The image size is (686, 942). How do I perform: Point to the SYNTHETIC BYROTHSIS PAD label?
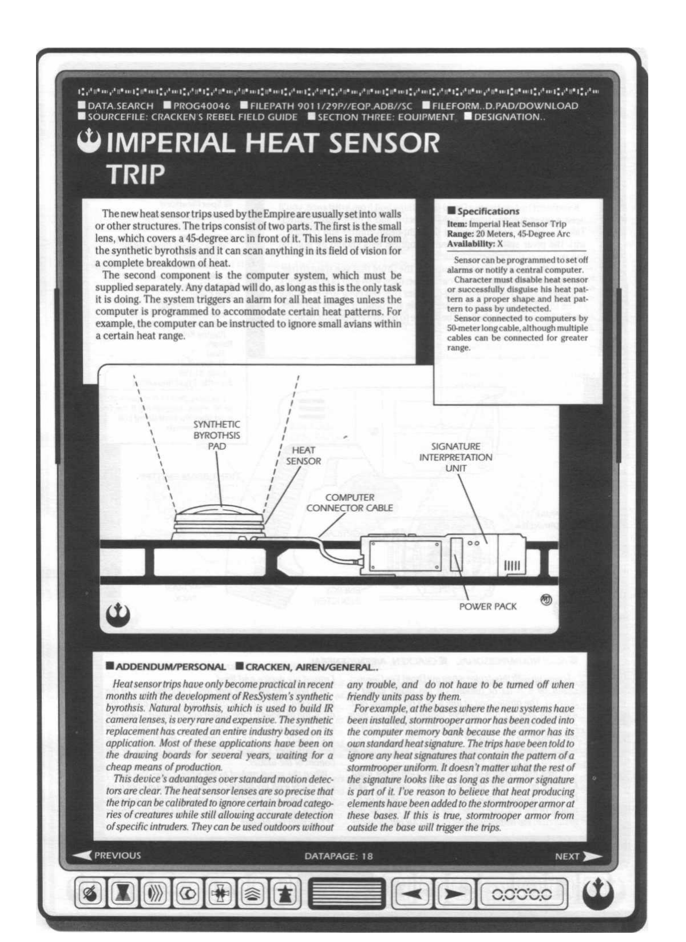pos(217,435)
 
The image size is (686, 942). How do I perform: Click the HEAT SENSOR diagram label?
pos(303,456)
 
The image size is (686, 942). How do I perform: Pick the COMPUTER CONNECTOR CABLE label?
pos(349,502)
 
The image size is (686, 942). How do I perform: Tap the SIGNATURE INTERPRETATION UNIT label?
pos(456,457)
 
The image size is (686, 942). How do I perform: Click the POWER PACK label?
pos(488,606)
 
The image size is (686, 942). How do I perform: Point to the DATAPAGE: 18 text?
pos(338,856)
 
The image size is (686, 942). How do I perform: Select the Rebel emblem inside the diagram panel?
pos(118,614)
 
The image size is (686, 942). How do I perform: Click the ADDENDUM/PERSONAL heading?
pos(170,666)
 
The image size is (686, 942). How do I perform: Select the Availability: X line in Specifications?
pos(474,244)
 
